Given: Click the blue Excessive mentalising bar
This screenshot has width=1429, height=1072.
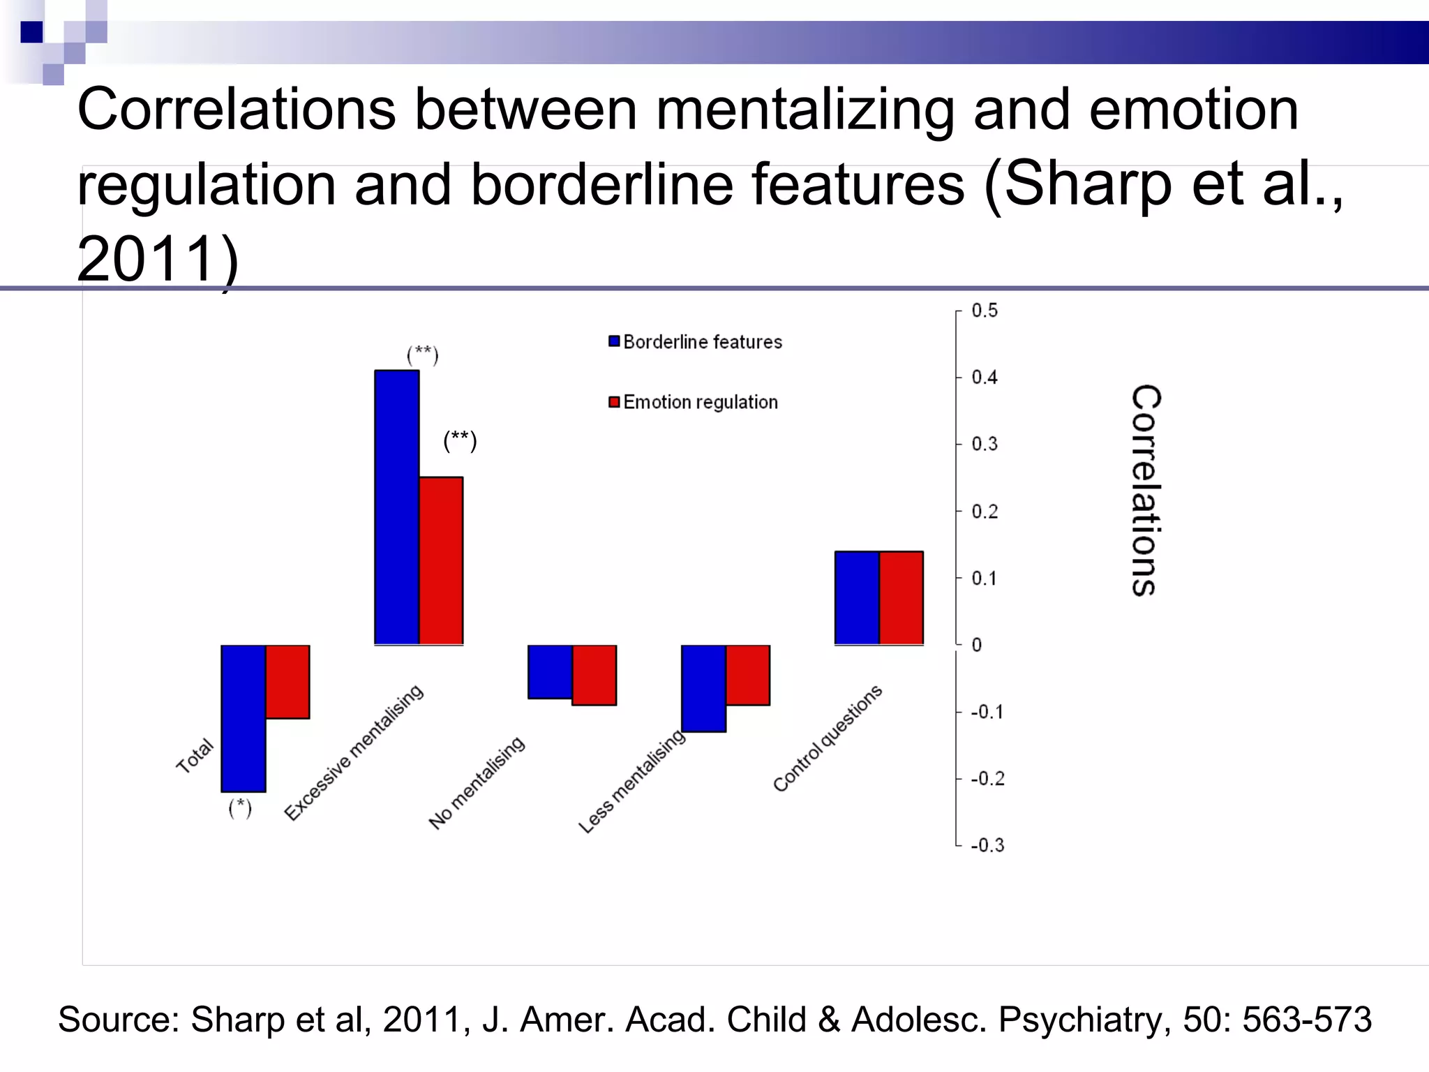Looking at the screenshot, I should tap(396, 507).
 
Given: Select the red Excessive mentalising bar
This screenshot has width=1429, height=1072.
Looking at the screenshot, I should tap(441, 560).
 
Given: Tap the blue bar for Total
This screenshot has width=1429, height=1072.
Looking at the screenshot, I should tap(243, 718).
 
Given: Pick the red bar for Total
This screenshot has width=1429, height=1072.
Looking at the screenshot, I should tap(287, 682).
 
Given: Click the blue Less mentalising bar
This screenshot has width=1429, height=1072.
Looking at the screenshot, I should tap(703, 688).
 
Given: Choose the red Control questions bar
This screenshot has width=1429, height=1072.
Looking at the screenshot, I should tap(901, 597).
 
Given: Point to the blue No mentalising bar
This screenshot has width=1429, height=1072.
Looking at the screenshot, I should tap(550, 671).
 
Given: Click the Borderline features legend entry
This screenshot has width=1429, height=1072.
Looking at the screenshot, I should tap(695, 342).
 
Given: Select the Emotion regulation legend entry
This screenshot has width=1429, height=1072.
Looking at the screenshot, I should tap(693, 402).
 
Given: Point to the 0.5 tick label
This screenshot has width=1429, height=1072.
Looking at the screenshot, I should tap(985, 311).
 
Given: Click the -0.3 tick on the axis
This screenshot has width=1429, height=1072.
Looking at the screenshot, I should tap(987, 845).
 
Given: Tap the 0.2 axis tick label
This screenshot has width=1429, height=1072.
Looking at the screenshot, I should tap(985, 512).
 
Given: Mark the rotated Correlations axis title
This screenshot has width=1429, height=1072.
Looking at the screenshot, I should tap(1145, 490).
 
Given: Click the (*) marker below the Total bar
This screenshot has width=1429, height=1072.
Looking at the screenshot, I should tap(240, 807).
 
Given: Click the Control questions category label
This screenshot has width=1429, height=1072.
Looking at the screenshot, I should tap(828, 738).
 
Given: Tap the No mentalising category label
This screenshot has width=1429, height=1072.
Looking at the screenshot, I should tap(477, 782).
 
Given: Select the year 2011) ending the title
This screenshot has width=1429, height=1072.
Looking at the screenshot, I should tap(158, 259).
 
